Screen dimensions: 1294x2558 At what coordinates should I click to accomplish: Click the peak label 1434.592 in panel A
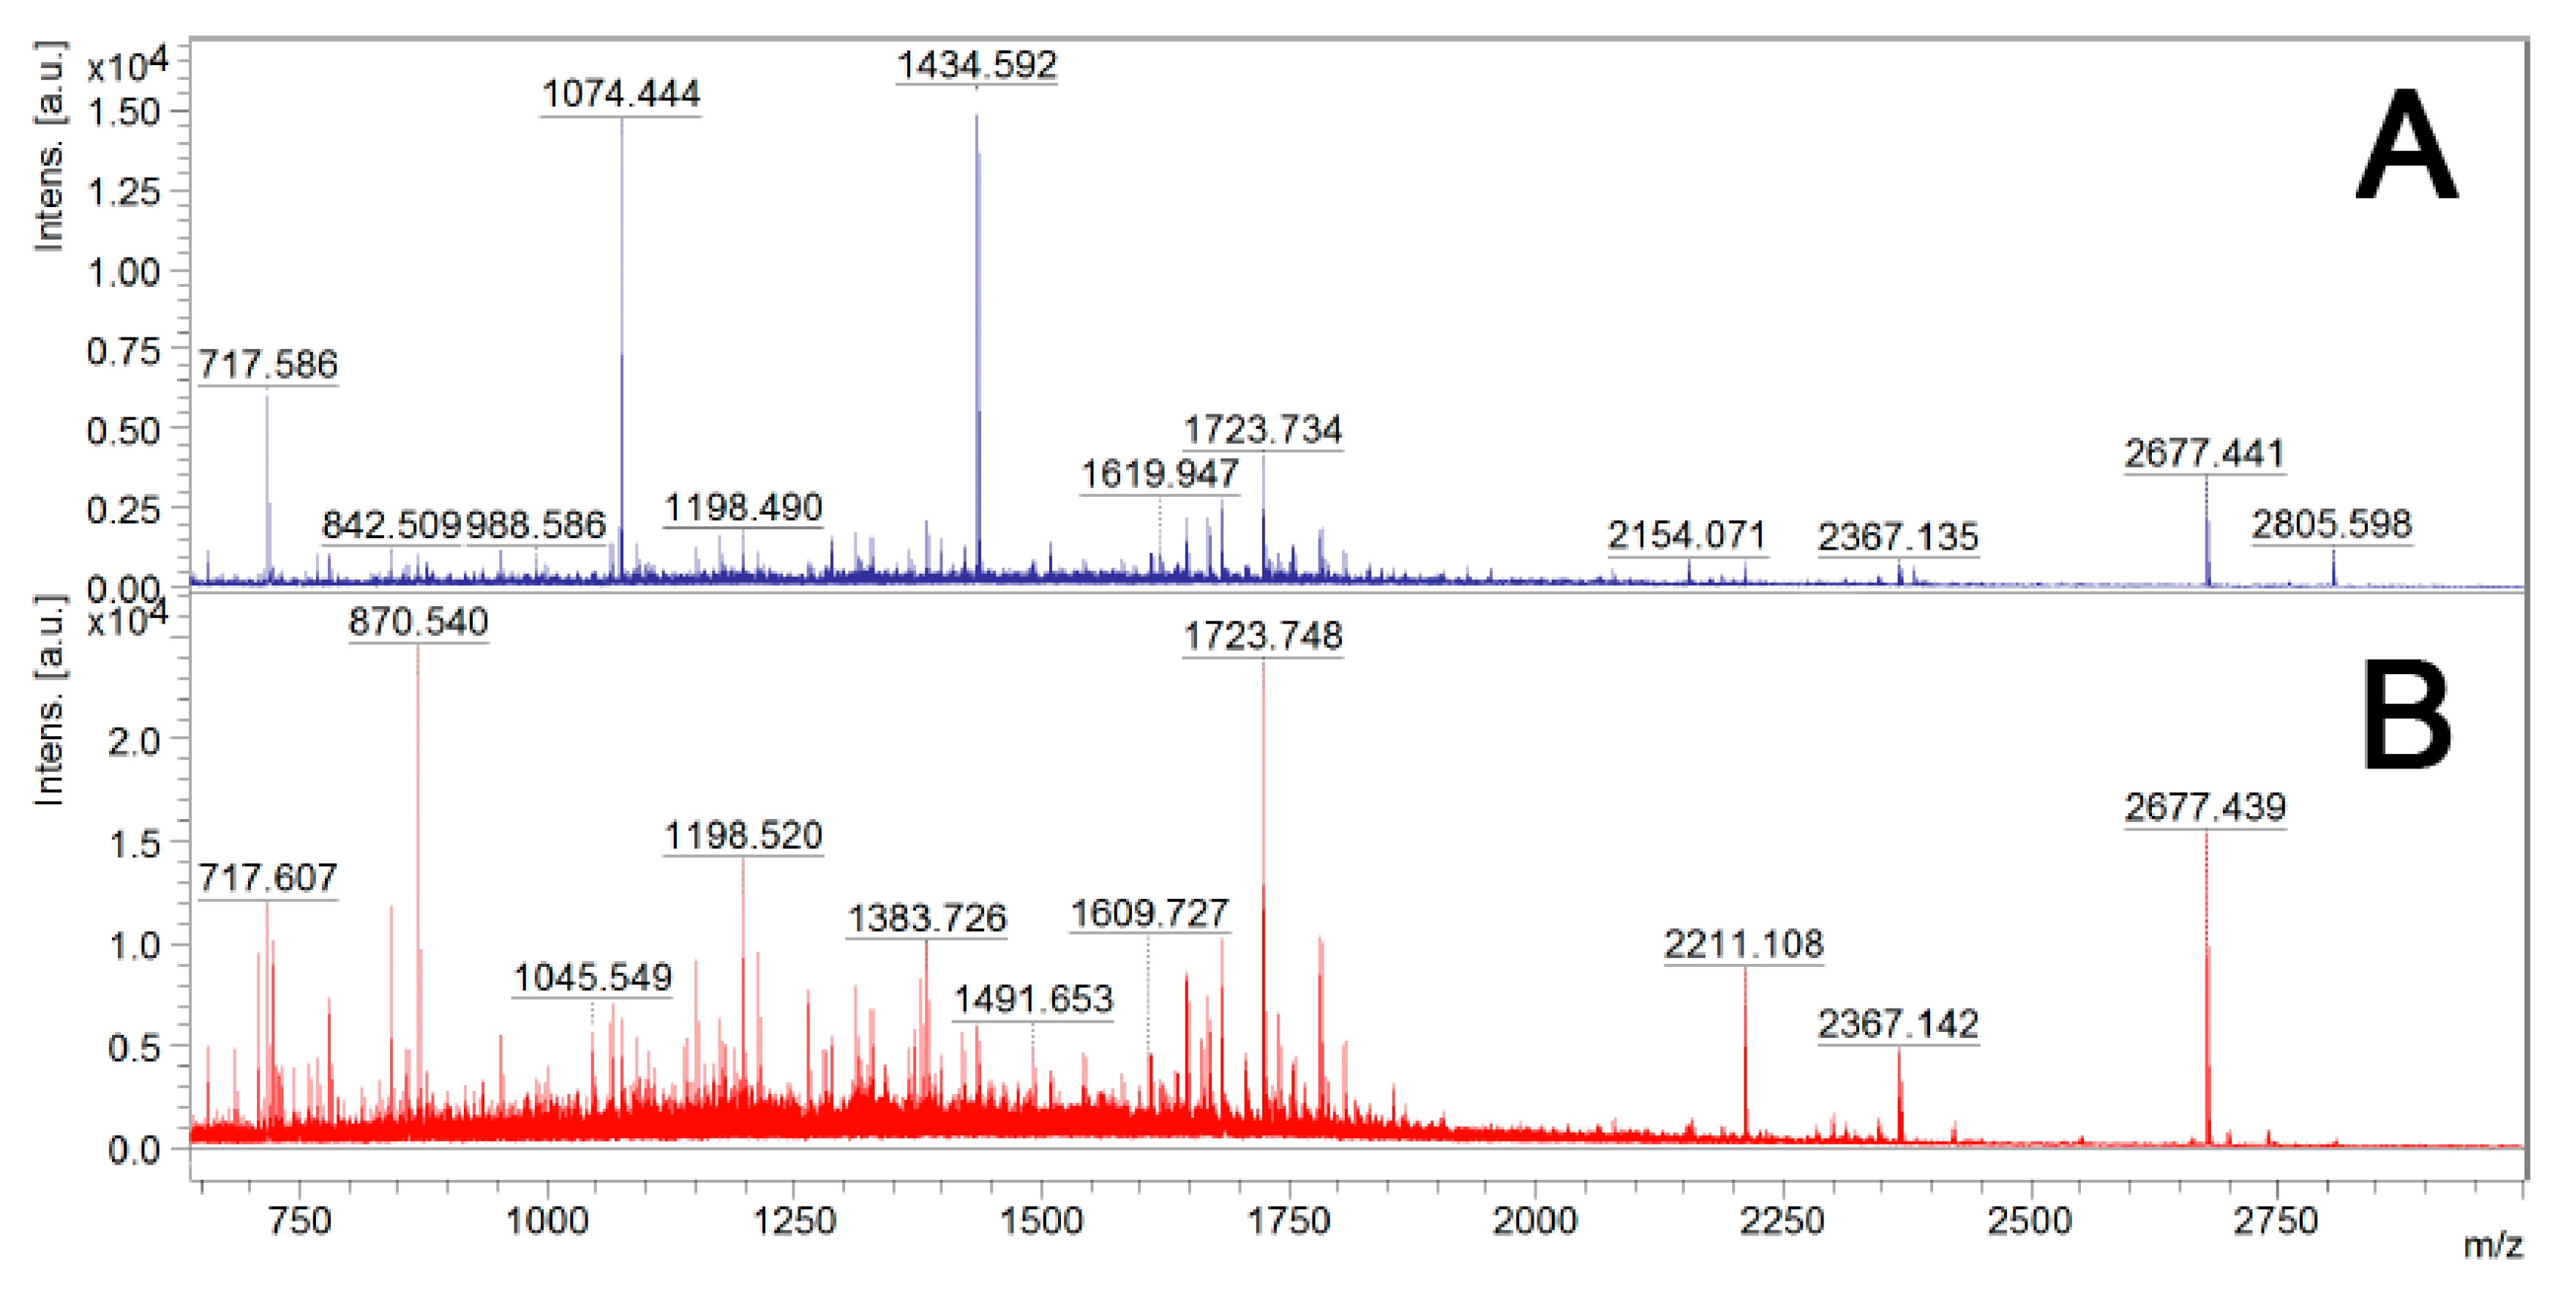coord(976,66)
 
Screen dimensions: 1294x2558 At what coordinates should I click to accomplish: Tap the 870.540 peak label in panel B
coord(418,623)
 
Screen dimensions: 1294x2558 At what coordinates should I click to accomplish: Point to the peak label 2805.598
coord(2330,524)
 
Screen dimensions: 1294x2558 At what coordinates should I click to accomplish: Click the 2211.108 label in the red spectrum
coord(1744,944)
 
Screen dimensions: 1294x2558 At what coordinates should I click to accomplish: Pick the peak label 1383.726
coord(926,919)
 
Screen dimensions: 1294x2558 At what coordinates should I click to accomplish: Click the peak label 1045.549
coord(593,979)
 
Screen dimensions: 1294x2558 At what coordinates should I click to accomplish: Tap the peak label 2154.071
coord(1687,536)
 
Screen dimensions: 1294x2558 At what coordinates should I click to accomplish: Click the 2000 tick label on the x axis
coord(1534,1221)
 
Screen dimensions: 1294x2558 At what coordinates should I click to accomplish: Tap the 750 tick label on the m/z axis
coord(300,1221)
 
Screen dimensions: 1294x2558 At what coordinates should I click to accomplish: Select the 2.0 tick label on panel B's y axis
coord(133,741)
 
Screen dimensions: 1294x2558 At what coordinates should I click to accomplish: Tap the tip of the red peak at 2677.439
coord(2207,834)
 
